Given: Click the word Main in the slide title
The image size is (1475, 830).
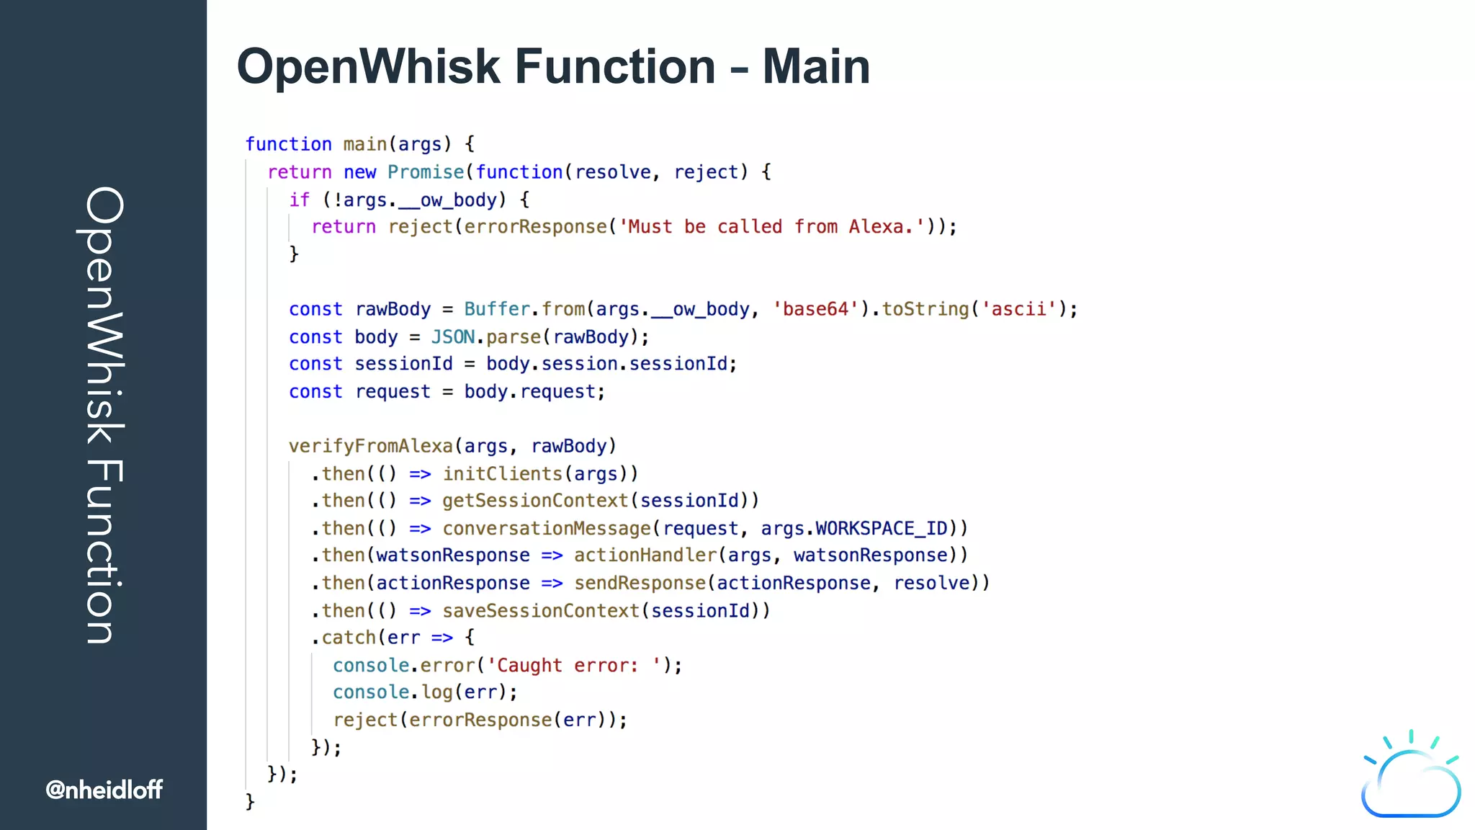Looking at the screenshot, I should (x=816, y=66).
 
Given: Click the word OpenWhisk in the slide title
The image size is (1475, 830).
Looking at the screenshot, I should (x=368, y=66).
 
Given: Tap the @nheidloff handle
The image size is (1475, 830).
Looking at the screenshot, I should (x=104, y=790).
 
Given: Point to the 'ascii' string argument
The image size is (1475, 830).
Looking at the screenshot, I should (x=1018, y=309).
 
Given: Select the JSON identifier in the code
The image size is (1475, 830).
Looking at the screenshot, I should (x=453, y=337).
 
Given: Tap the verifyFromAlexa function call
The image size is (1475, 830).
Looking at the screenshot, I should (x=370, y=446).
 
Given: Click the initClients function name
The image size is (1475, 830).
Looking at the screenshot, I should (x=502, y=473).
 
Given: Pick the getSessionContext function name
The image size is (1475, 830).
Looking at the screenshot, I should (x=535, y=501).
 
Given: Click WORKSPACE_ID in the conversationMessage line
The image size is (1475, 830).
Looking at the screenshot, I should (x=881, y=528).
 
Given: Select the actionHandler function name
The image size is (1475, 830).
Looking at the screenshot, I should (x=645, y=555).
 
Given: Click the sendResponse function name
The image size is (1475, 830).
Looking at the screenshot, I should (x=640, y=583).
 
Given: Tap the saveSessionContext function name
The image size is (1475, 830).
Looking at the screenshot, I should (x=541, y=610).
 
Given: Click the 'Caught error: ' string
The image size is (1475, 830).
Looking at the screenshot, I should (x=574, y=665).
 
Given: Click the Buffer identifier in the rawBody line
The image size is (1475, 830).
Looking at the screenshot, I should (x=497, y=309).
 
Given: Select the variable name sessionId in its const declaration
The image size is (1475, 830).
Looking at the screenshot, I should (x=403, y=364).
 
